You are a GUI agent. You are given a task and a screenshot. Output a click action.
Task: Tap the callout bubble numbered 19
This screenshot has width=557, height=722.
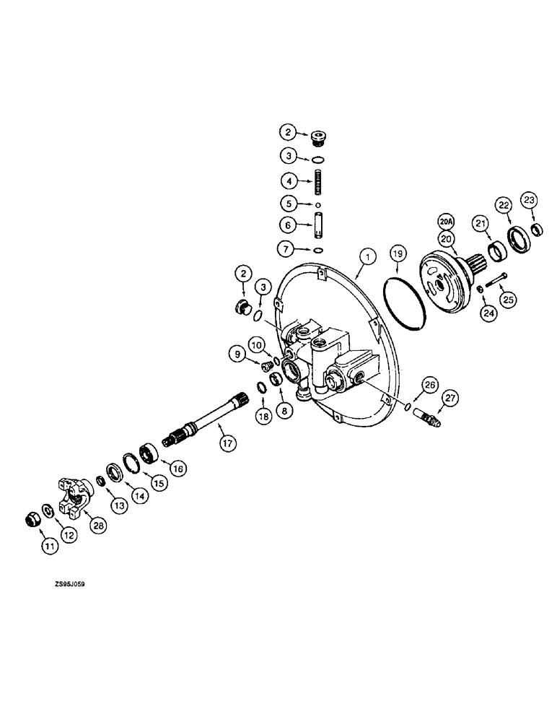point(398,254)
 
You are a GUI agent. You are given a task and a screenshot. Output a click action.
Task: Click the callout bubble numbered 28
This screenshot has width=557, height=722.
point(98,526)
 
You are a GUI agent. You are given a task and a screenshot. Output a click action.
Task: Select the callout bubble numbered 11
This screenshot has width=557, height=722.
point(49,548)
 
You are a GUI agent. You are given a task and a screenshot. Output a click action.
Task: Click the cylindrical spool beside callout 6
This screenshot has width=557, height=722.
point(315,225)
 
